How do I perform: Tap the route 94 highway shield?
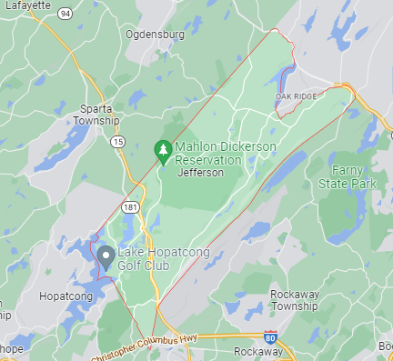click(65, 14)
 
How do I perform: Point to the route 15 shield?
click(118, 142)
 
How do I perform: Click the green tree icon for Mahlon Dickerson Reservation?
click(163, 150)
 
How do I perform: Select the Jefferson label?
click(200, 172)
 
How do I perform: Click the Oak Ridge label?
click(295, 95)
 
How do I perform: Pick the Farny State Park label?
click(347, 177)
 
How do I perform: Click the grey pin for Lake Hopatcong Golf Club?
click(106, 256)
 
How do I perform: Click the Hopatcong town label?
click(65, 296)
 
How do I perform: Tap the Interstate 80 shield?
click(270, 337)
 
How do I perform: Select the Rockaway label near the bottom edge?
click(258, 352)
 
